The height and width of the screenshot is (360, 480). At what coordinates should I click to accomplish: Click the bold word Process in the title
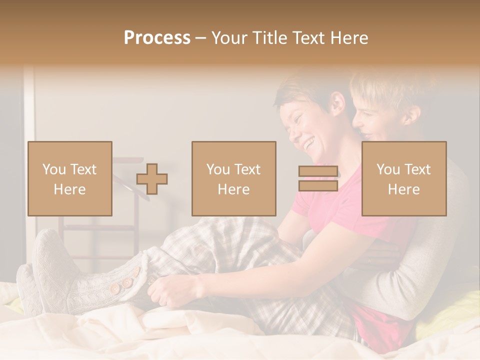[x=157, y=38]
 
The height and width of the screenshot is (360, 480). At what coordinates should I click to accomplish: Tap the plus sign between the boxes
[x=152, y=179]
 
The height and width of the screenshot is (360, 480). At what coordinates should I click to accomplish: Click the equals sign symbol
[x=318, y=178]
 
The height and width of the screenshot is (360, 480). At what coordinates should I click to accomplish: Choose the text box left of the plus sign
[x=70, y=178]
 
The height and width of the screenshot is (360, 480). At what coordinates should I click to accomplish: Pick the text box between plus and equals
[x=233, y=178]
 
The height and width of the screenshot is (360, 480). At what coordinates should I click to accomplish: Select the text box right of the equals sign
[x=404, y=178]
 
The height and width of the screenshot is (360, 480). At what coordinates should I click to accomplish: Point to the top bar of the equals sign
[x=318, y=171]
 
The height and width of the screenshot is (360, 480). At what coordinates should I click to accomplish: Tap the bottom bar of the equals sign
[x=318, y=186]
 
